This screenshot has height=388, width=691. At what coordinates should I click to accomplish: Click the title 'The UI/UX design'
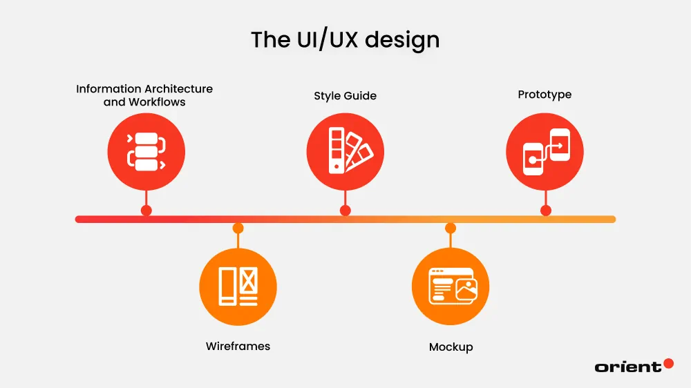click(345, 40)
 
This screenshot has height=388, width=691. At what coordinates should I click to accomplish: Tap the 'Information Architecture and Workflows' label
click(144, 95)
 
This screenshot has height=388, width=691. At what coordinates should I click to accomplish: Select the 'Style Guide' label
click(345, 95)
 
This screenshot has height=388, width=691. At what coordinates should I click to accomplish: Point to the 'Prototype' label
click(545, 94)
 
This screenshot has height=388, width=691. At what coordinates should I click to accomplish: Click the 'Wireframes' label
click(238, 346)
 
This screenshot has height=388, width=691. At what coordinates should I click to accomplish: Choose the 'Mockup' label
click(451, 347)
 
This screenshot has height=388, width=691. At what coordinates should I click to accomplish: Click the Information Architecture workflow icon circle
click(146, 151)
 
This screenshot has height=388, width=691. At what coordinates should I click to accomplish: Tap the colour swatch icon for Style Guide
click(345, 151)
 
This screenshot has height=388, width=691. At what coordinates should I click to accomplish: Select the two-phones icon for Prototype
click(545, 151)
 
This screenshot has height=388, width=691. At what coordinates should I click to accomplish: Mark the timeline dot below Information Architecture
click(146, 211)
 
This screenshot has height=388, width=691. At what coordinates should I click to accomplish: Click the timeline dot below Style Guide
click(345, 211)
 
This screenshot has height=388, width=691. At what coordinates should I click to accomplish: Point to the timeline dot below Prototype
click(545, 211)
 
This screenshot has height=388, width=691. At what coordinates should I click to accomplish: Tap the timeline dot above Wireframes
click(238, 228)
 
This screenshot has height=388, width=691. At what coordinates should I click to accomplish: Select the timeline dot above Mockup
click(451, 228)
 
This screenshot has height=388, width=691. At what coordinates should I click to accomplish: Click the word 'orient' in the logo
click(627, 367)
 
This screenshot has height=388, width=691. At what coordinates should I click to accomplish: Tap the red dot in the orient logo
click(668, 363)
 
